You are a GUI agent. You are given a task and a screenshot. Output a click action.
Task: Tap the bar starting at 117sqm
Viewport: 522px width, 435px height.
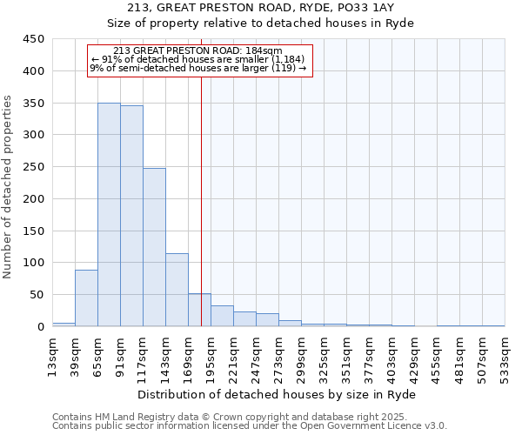(154, 247)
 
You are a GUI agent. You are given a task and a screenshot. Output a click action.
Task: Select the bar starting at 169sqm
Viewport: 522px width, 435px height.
(199, 310)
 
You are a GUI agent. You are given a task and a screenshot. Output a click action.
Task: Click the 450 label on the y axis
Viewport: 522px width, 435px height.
(32, 39)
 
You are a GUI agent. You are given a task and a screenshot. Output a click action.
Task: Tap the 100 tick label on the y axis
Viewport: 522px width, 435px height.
(32, 263)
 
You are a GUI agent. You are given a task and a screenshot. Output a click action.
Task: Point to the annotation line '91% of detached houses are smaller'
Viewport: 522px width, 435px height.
(197, 59)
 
